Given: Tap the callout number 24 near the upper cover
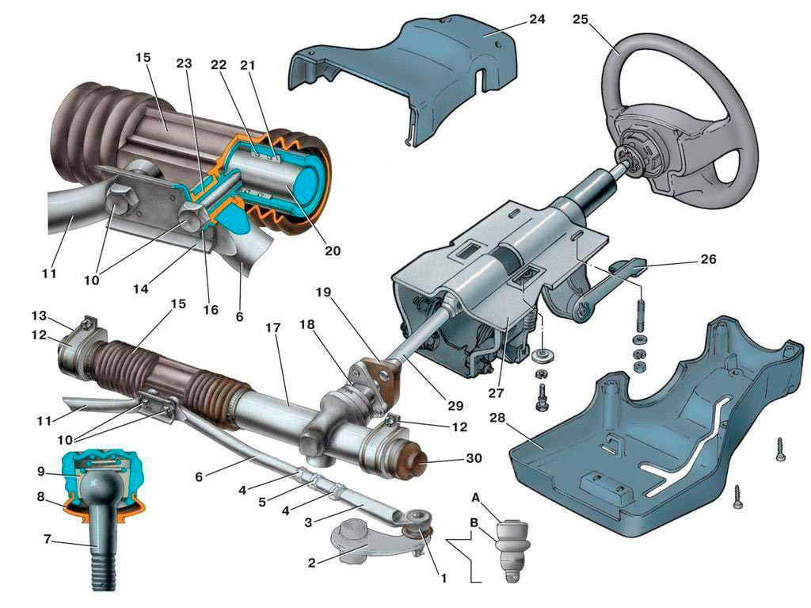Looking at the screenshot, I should click(536, 18).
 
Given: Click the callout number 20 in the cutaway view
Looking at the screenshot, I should click(332, 250).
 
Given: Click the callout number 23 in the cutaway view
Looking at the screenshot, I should click(184, 68).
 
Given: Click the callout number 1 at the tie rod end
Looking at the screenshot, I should click(443, 578).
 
